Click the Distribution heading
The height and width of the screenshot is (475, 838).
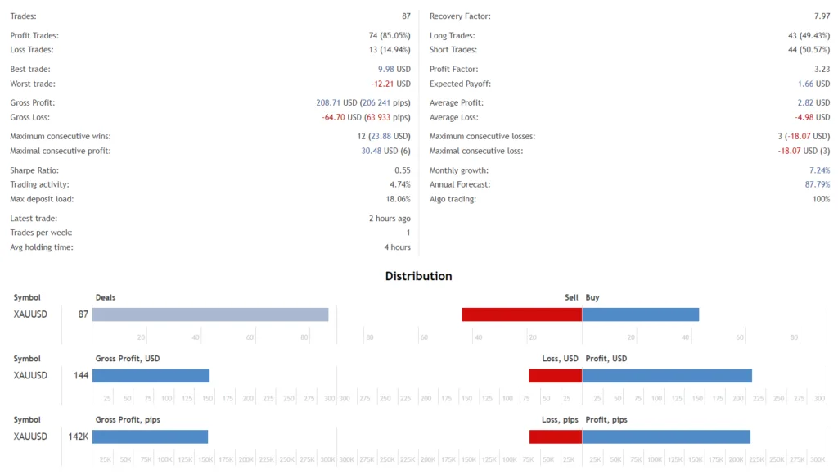(418, 276)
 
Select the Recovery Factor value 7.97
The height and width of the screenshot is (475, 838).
(822, 16)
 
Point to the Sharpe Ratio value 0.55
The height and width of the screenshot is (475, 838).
(402, 170)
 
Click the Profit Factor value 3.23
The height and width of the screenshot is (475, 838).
(822, 70)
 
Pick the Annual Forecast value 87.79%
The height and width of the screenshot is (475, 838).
(815, 184)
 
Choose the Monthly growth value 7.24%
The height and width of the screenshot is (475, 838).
(818, 170)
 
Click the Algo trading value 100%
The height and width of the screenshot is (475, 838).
(820, 199)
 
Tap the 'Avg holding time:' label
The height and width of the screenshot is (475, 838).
(41, 247)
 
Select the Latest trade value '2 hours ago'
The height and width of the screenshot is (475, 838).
(390, 219)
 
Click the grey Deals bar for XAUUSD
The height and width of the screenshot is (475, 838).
(209, 314)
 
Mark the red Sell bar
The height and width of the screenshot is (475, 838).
(521, 314)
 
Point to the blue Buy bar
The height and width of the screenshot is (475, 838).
(640, 314)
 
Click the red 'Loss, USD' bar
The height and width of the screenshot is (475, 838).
(555, 375)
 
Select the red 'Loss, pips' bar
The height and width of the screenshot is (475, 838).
(555, 437)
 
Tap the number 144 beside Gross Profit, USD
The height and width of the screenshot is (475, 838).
(80, 375)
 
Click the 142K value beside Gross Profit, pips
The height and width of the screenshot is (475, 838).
(78, 437)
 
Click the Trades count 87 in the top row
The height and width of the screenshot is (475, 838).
(406, 16)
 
